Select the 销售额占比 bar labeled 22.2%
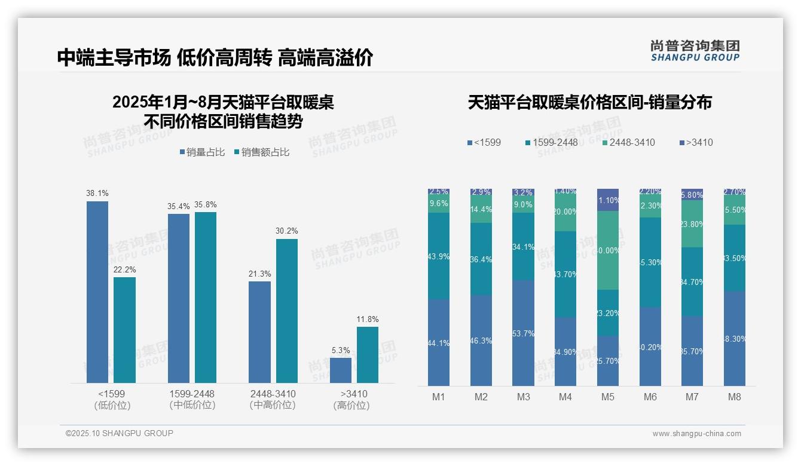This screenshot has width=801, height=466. [x=124, y=330]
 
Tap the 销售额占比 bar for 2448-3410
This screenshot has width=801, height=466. [x=286, y=311]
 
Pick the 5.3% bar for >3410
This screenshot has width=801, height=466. [x=341, y=370]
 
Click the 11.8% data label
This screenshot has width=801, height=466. [x=368, y=320]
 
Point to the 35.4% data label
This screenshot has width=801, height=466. [x=179, y=207]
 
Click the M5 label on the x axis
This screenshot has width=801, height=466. [x=608, y=397]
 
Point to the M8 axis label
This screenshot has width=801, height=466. [x=735, y=397]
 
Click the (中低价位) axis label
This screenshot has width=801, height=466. [x=192, y=405]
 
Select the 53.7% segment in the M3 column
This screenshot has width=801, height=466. [x=524, y=333]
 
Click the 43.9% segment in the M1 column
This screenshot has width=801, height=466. [x=439, y=256]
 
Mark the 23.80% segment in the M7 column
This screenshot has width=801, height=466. [x=692, y=224]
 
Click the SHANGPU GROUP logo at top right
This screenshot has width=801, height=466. [x=695, y=51]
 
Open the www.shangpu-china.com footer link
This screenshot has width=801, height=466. [x=696, y=434]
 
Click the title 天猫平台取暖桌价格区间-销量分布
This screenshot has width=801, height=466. [x=589, y=102]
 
